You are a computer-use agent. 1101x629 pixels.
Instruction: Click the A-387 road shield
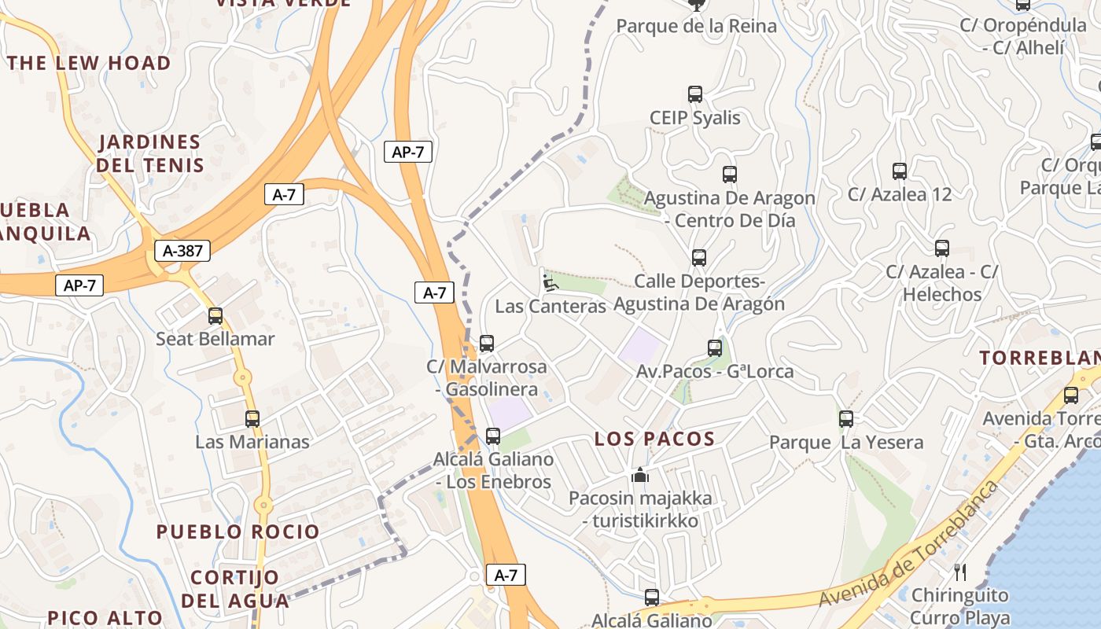tap(182, 251)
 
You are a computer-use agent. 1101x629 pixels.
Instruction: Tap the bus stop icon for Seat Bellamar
tap(215, 316)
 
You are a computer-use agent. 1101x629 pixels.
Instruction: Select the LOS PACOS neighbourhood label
tap(654, 439)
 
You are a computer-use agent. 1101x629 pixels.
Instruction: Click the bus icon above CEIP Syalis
tap(694, 94)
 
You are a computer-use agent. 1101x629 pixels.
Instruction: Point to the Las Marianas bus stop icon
tap(252, 419)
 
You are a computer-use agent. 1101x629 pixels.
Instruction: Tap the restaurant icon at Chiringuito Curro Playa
tap(959, 572)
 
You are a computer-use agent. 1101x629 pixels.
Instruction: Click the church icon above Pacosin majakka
tap(640, 475)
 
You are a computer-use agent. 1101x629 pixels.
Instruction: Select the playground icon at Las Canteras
tap(550, 281)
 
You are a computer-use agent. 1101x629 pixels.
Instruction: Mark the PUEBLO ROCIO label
tap(238, 532)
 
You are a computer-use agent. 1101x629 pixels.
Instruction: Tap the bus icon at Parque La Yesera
tap(846, 419)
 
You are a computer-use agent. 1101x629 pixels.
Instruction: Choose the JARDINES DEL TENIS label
tap(149, 153)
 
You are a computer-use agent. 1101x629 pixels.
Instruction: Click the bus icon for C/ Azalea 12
tap(899, 171)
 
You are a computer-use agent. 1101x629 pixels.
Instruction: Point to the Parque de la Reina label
tap(696, 26)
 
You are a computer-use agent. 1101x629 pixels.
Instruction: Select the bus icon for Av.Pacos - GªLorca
tap(714, 348)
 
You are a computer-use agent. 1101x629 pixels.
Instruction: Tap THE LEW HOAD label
tap(89, 63)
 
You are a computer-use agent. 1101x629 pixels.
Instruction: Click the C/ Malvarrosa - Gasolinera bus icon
tap(487, 344)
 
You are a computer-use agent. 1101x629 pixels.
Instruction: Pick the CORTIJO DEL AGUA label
tap(234, 589)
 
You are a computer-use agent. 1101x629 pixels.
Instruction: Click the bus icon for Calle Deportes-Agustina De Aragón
tap(698, 258)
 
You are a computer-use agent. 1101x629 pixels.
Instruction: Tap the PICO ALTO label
tap(105, 618)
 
